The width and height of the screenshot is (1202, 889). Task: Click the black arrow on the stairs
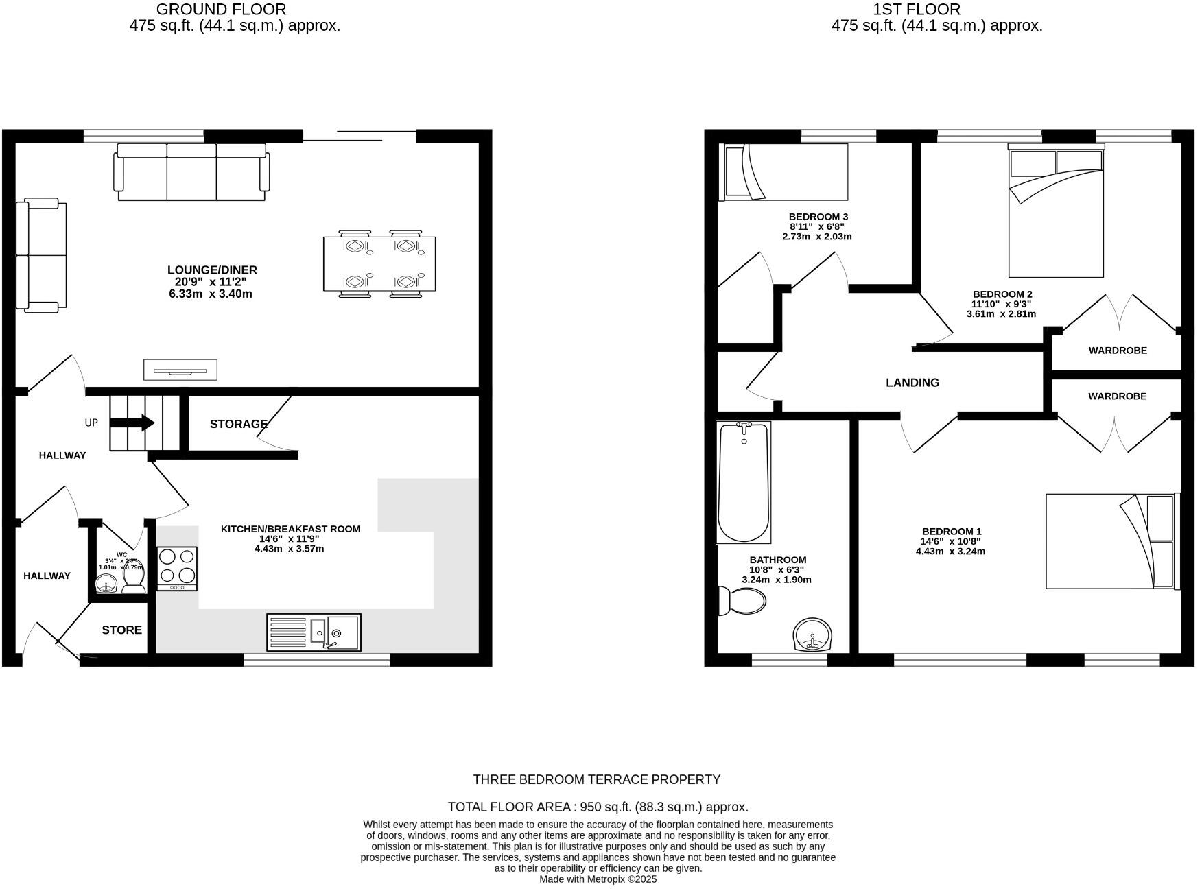coord(133,423)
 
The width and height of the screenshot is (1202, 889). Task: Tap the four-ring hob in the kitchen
coord(177,568)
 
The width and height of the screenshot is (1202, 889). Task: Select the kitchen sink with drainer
coord(314,632)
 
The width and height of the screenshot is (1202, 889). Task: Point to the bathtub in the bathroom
coord(743,482)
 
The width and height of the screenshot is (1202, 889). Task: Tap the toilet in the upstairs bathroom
coord(740,602)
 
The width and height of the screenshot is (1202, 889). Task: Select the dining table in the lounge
coord(379,263)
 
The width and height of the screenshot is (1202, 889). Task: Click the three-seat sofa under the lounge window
coord(191,171)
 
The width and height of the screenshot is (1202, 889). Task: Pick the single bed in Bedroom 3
coord(783,171)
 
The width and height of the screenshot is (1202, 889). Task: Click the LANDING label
coord(912,383)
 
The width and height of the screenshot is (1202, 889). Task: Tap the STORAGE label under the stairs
coord(238,424)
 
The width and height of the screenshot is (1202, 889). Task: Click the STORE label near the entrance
coord(122,630)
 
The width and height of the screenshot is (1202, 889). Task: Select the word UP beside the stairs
coord(91,423)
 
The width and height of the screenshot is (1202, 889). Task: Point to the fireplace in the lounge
coord(180,370)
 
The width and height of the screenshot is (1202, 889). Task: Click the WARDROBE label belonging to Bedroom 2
coord(1117,351)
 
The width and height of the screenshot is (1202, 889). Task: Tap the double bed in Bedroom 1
coord(1110,541)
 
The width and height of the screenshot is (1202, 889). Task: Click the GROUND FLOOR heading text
coord(221,10)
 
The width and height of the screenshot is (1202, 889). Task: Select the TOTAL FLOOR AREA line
coord(598,807)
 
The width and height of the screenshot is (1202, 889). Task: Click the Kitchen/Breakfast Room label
coord(290,529)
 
